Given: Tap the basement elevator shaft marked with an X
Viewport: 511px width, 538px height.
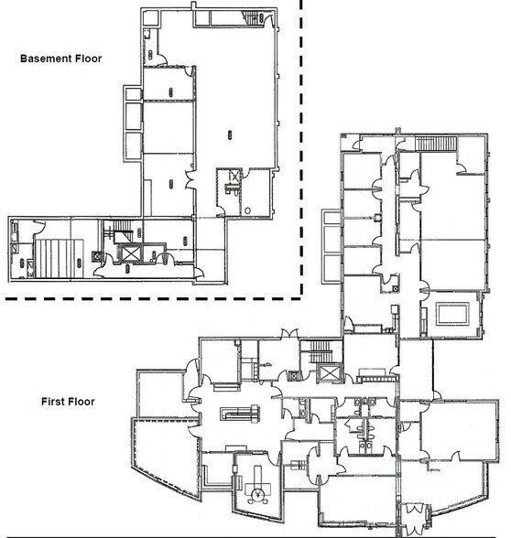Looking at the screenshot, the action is (130, 254).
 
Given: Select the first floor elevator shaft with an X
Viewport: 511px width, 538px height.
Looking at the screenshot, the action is (329, 372).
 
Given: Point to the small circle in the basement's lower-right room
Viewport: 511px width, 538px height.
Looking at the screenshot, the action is (247, 210).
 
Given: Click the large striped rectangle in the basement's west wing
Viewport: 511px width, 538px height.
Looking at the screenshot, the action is (60, 258).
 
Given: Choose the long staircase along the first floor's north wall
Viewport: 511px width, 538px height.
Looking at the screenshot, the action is (436, 144).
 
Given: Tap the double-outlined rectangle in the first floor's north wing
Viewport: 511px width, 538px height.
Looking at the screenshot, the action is (453, 313).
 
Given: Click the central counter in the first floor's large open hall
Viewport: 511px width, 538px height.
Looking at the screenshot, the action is (240, 413).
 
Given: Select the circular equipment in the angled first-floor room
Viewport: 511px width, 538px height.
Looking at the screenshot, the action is (256, 494).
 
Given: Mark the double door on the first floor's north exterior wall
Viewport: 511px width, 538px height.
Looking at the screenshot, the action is (289, 334).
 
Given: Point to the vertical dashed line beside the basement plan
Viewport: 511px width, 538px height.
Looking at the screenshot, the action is (301, 147).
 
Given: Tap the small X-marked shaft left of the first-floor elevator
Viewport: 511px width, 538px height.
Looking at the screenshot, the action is (294, 375).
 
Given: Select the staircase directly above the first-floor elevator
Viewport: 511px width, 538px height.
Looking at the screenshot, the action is (321, 351).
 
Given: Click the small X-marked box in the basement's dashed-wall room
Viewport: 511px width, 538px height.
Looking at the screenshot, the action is (234, 177).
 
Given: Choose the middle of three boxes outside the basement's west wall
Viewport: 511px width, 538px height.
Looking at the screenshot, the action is (134, 116).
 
